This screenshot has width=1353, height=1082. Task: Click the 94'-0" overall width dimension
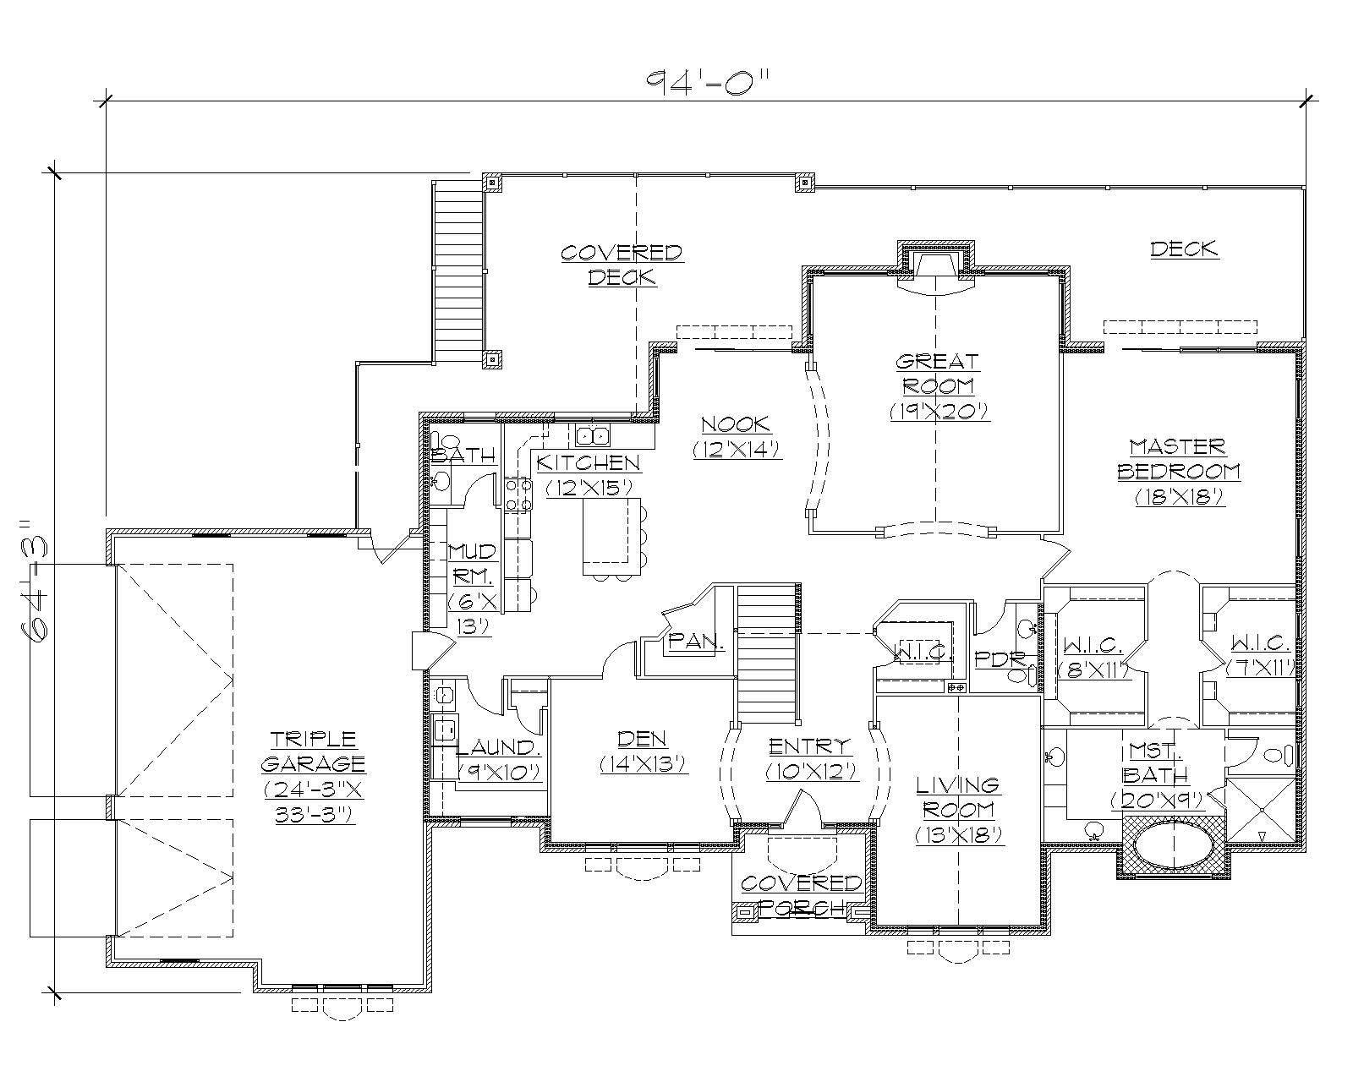[x=709, y=82]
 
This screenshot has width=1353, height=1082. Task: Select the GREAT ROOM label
[x=938, y=385]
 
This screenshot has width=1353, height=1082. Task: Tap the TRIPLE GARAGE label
[x=313, y=776]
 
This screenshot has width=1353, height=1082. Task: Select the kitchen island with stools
[x=611, y=536]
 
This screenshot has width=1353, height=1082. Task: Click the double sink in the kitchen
[x=593, y=436]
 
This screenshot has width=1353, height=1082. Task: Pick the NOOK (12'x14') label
[x=735, y=436]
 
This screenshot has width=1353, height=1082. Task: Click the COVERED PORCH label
[x=800, y=895]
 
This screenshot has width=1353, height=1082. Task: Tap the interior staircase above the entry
[x=767, y=652]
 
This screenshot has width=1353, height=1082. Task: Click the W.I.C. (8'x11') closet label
[x=1094, y=657]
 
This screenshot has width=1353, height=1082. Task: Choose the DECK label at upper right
[x=1184, y=249]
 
